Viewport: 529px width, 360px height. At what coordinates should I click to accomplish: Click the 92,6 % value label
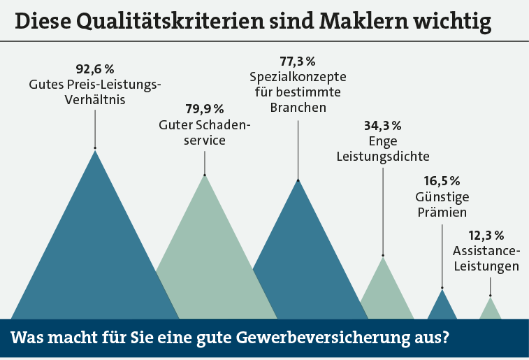point(94,69)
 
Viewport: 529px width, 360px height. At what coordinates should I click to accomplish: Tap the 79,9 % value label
point(204,109)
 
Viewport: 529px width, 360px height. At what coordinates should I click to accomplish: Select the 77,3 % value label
point(298,62)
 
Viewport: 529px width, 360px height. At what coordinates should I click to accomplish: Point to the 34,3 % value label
point(382,127)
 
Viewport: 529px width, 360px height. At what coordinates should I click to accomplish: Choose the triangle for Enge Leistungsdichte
point(384,294)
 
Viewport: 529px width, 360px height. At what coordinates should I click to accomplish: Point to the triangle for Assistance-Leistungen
point(490,310)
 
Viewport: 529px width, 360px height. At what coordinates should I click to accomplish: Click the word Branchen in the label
point(298,108)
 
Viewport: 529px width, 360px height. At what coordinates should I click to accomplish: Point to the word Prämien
point(442,211)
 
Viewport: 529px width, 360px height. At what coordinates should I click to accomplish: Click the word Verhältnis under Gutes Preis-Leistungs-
point(94,100)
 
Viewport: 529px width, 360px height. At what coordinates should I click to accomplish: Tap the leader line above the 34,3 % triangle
point(383,210)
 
